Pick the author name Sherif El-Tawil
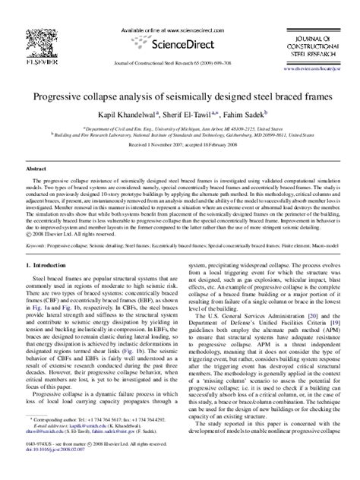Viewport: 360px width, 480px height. point(188,114)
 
